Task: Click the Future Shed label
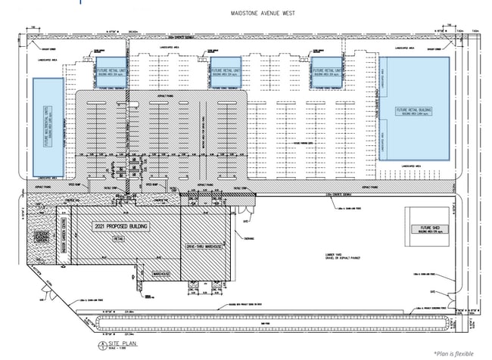click(426, 228)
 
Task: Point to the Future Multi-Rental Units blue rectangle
click(46, 126)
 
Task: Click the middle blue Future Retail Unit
click(225, 67)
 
